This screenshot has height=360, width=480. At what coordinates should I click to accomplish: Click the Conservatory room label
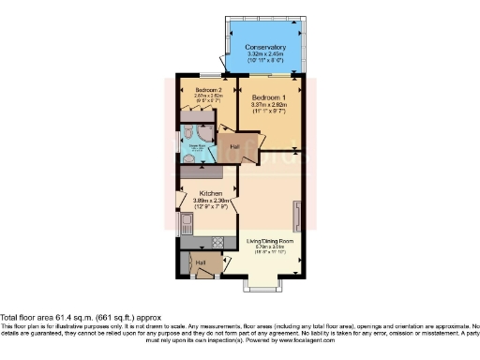click(265, 47)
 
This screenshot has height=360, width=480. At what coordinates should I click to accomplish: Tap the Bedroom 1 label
click(268, 97)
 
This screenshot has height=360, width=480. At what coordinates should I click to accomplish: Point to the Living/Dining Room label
click(270, 241)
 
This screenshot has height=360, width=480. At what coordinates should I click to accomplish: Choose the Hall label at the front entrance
click(200, 263)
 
